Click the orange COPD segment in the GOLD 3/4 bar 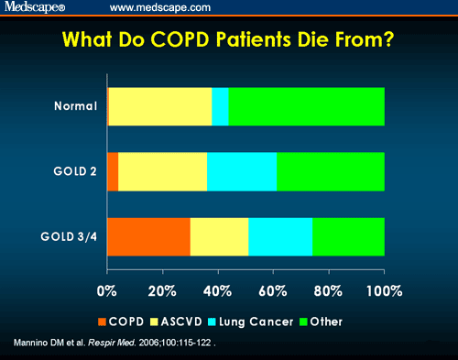click(148, 236)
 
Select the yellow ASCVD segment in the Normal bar click(160, 106)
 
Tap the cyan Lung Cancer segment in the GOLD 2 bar click(242, 171)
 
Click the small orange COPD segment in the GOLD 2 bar click(113, 171)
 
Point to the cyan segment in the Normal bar click(220, 106)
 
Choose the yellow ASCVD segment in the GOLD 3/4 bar click(219, 236)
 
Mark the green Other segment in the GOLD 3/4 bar click(348, 236)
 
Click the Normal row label click(75, 106)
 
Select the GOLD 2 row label click(73, 171)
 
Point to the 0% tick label click(107, 291)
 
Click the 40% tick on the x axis click(218, 291)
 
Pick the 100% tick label click(383, 291)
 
